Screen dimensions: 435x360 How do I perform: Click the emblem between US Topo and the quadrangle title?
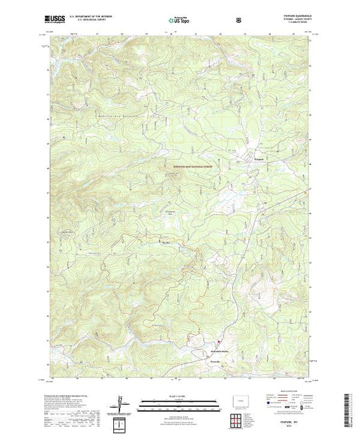click(x=239, y=19)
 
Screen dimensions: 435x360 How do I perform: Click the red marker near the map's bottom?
click(x=219, y=341)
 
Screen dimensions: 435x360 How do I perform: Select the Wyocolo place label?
click(x=209, y=360)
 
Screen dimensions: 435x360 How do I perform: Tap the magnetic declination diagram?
click(x=122, y=403)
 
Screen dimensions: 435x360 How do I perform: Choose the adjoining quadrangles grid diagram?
click(x=238, y=418)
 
